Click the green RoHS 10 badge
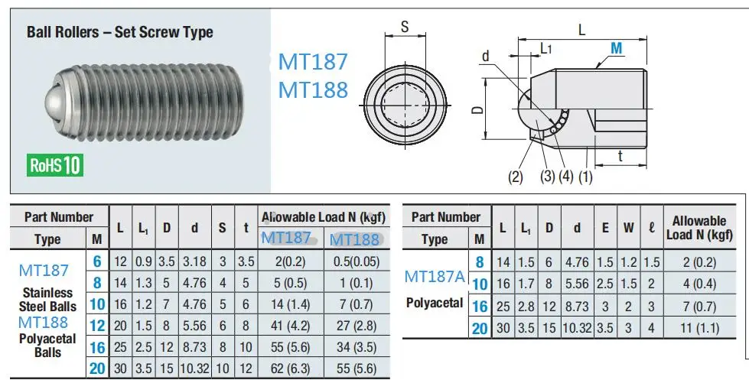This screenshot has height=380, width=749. pos(55,164)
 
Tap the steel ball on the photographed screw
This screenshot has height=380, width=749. pos(57,103)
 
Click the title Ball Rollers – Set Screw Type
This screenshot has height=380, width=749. pos(120,32)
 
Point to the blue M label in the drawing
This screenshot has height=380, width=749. pos(616,48)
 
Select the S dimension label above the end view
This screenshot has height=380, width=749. pos(405,27)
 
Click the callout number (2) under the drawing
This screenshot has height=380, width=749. pos(516,177)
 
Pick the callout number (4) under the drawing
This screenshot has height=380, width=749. pos(565,176)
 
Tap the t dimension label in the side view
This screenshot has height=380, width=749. pos(620,156)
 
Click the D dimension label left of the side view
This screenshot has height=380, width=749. pos(477,109)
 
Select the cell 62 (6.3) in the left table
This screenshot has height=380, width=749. pos(291,369)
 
